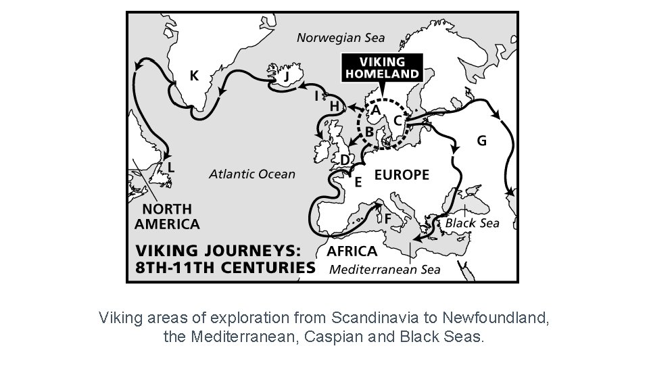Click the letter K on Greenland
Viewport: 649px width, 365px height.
pos(194,76)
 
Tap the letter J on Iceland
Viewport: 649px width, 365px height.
pos(287,77)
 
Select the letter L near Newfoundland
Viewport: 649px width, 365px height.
pos(172,166)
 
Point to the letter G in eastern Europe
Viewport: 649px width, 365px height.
pos(482,141)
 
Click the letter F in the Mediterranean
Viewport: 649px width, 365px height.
pos(388,219)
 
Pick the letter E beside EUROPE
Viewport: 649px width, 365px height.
pos(358,182)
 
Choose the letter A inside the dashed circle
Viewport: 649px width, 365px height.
pos(375,109)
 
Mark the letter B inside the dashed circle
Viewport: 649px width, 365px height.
pos(369,130)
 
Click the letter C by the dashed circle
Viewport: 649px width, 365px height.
pos(398,119)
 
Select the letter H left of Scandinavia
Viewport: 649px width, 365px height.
pos(334,106)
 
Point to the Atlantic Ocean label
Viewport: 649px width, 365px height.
pos(252,174)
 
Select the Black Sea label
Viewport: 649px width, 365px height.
pos(472,223)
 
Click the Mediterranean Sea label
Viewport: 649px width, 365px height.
pos(385,270)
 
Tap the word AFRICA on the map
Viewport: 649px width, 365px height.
pos(352,251)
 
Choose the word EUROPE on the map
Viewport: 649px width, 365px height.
pos(402,175)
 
